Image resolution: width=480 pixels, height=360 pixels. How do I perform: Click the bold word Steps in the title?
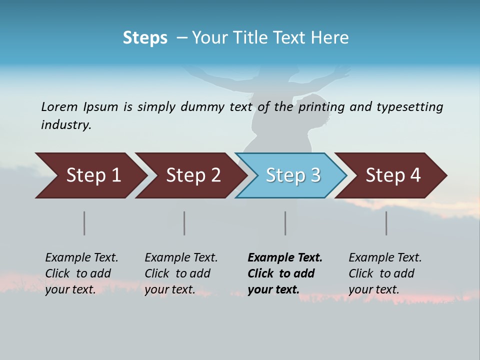[x=145, y=38]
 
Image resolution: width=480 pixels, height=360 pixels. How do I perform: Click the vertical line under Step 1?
[x=84, y=223]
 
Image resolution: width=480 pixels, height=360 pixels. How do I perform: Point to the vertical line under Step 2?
[x=184, y=223]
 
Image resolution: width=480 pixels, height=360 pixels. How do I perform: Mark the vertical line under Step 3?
[x=285, y=223]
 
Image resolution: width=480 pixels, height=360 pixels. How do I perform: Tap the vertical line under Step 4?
[x=386, y=223]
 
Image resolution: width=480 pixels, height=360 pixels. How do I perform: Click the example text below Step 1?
[x=81, y=273]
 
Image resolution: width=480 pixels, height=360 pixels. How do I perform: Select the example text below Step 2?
[x=181, y=273]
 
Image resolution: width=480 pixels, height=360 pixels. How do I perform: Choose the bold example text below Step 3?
[x=285, y=273]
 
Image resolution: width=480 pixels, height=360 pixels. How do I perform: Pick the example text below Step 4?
[x=385, y=273]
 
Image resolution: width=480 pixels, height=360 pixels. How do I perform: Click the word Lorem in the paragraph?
[x=59, y=107]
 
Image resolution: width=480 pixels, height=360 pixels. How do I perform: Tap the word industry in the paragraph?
[x=66, y=125]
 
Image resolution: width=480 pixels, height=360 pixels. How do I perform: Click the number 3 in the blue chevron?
[x=315, y=175]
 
